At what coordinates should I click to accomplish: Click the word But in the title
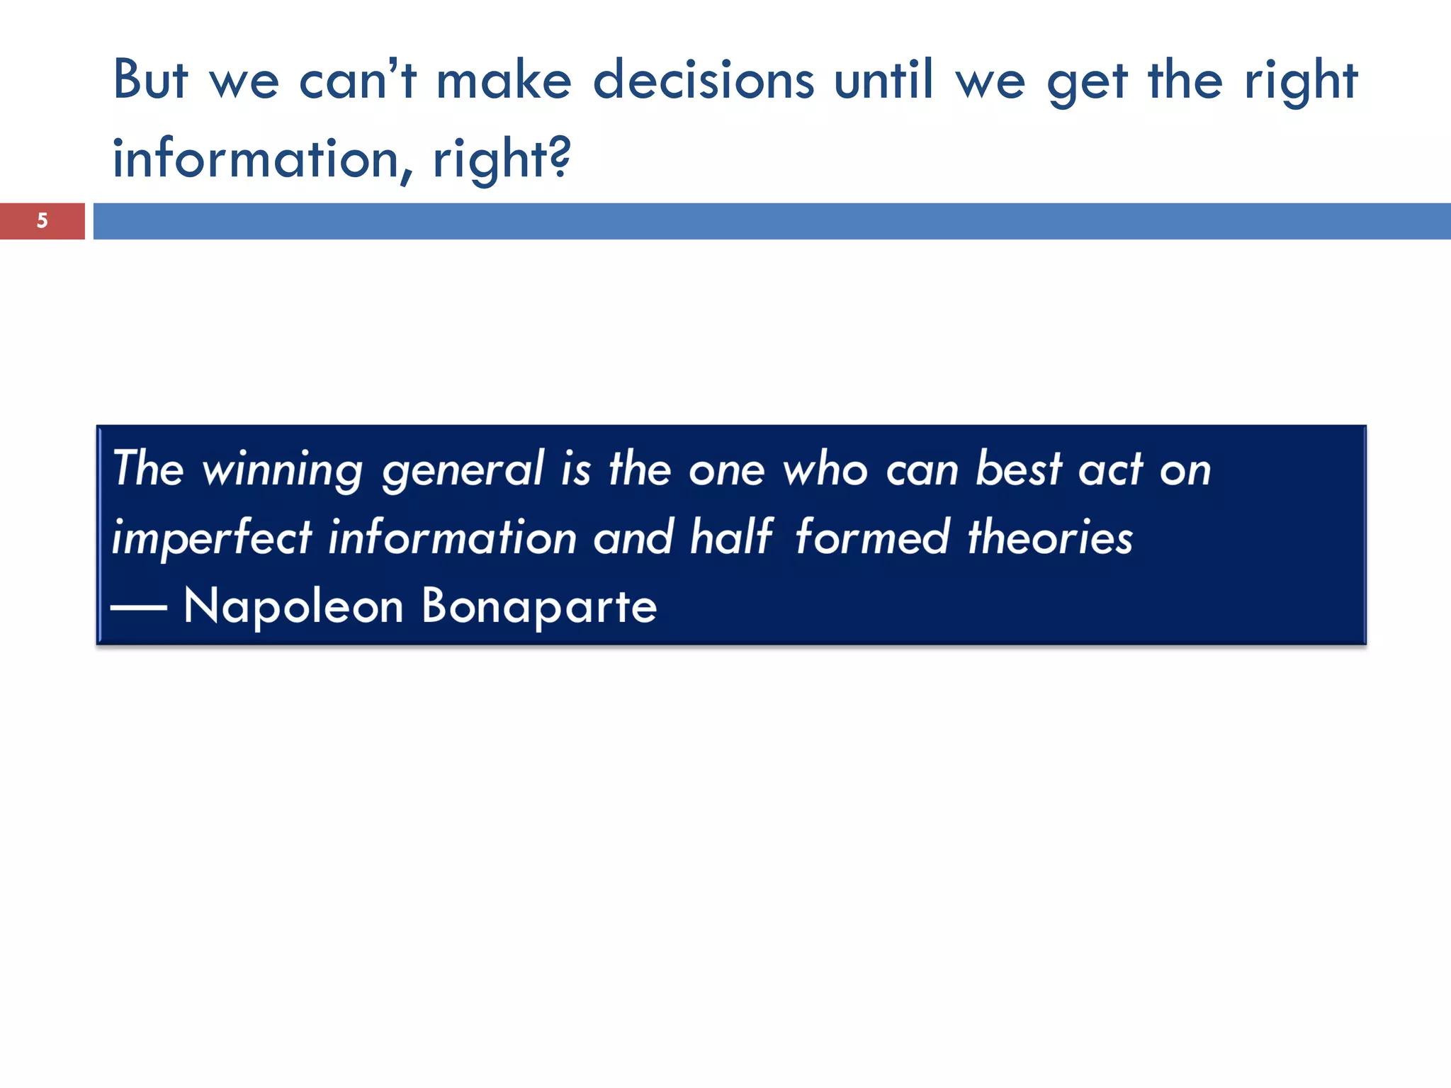point(150,79)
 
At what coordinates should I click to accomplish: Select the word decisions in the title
point(704,79)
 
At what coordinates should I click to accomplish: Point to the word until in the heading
point(883,79)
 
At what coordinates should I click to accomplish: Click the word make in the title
point(504,79)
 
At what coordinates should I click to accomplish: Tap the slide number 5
point(43,221)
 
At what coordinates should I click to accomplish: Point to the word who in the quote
point(825,469)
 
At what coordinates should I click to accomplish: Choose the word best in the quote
point(1018,469)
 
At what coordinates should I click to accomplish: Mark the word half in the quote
point(730,537)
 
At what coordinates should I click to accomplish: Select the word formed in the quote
point(871,537)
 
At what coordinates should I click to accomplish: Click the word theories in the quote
point(1050,537)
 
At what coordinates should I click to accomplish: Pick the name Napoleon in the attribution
point(293,606)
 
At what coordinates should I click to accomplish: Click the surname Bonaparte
point(539,606)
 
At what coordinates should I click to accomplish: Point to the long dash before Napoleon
point(139,608)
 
